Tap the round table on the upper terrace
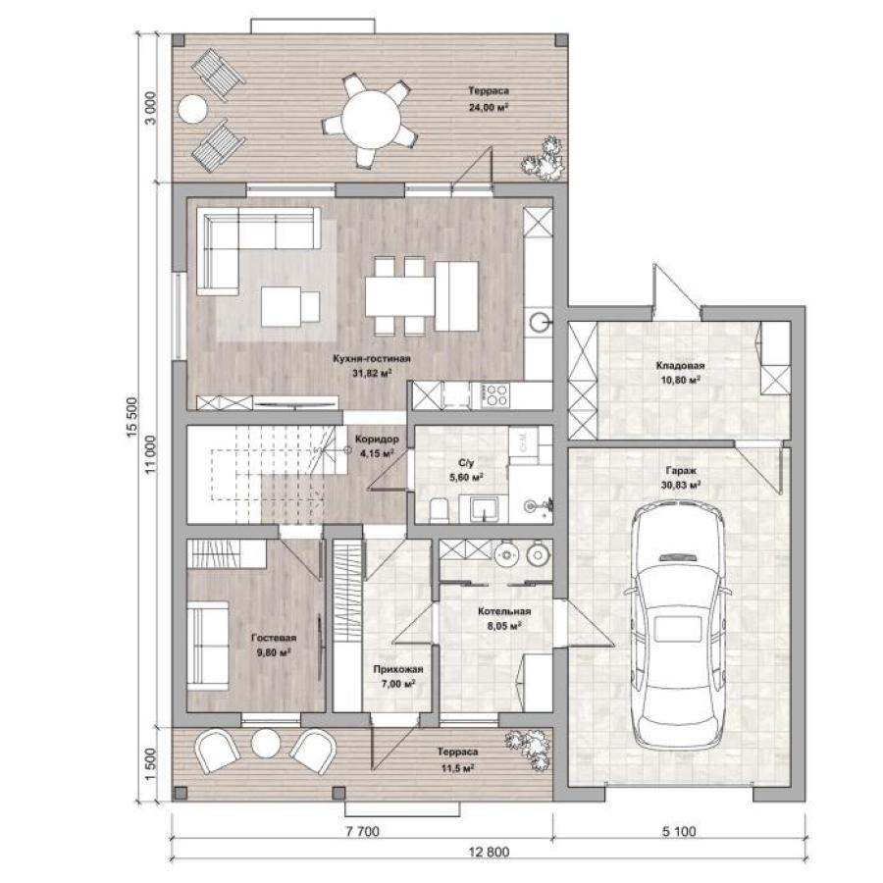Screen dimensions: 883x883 tap(372, 119)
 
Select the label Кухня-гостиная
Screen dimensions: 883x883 tap(372, 359)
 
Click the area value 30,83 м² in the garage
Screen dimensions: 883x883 tap(681, 485)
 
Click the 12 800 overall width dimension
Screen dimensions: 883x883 tap(489, 852)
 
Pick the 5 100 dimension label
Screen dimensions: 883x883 tap(679, 831)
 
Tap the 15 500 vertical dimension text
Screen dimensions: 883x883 tap(131, 417)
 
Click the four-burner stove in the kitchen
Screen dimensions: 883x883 tap(493, 394)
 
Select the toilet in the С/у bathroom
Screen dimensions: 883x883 tap(439, 510)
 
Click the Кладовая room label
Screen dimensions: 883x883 tap(680, 366)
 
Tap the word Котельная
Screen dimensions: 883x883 tap(504, 611)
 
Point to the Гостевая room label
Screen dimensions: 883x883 tap(274, 638)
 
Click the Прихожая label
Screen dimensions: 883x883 tap(397, 669)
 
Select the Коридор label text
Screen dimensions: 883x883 tap(377, 439)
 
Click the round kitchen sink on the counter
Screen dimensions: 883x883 tap(539, 323)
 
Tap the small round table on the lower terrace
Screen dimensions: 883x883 tap(266, 744)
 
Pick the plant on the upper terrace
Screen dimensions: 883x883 tap(544, 159)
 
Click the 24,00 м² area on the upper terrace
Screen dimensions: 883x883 tap(489, 106)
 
